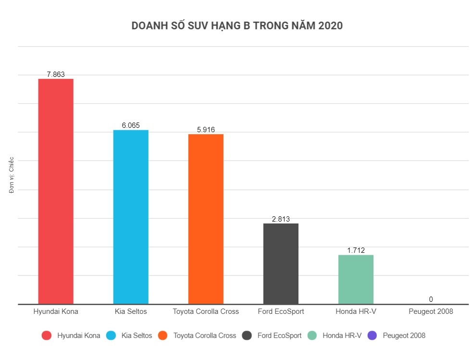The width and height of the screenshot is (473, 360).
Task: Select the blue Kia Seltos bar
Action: (x=131, y=217)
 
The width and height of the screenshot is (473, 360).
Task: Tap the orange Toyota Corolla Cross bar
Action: (x=206, y=219)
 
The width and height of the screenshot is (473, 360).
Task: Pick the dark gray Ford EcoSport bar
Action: (x=281, y=263)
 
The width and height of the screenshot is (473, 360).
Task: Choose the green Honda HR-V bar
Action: (x=356, y=279)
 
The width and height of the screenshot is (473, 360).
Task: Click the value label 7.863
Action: (x=56, y=74)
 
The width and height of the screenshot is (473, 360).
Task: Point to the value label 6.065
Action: (x=131, y=125)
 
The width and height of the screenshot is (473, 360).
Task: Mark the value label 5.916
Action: (x=206, y=130)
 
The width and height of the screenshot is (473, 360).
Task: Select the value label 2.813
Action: (x=281, y=219)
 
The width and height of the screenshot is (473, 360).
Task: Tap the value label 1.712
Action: (x=356, y=250)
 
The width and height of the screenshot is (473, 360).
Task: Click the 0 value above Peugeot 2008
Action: (x=431, y=299)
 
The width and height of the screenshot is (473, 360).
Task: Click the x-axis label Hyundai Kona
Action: (x=56, y=311)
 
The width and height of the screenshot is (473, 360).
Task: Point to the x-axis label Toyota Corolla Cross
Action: (x=206, y=311)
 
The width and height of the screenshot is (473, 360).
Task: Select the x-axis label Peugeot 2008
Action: (x=431, y=311)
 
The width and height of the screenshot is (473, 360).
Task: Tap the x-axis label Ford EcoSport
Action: (x=281, y=311)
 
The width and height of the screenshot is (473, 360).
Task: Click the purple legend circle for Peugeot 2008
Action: (x=372, y=335)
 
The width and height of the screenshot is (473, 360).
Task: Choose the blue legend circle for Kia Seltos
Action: (x=111, y=335)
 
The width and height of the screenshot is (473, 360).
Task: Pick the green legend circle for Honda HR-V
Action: (x=312, y=335)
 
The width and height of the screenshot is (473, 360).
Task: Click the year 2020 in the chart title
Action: (x=330, y=26)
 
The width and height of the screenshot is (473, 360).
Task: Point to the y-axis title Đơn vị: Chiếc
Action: (x=12, y=175)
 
